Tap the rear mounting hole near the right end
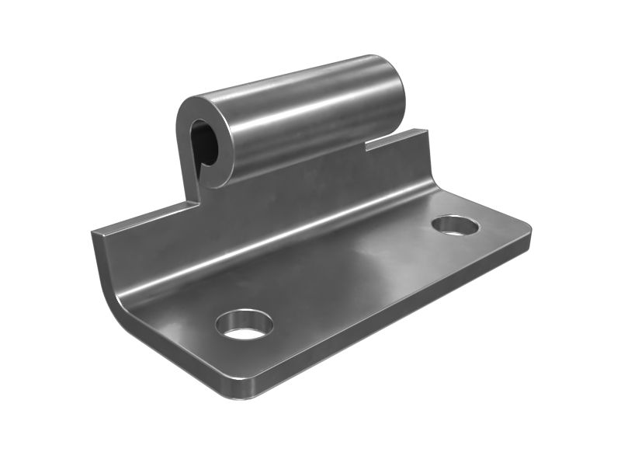click(x=456, y=226)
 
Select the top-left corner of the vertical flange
click(x=94, y=232)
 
